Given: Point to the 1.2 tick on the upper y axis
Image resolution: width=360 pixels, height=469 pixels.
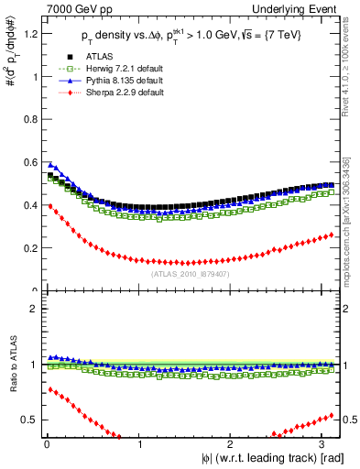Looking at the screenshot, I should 29,34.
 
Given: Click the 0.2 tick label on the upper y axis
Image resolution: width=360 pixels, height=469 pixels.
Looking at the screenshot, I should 29,248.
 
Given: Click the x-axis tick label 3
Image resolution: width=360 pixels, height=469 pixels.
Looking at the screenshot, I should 325,444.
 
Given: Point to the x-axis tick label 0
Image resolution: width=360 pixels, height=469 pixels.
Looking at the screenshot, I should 46,444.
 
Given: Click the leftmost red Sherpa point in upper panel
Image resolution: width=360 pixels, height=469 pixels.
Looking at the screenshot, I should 49,206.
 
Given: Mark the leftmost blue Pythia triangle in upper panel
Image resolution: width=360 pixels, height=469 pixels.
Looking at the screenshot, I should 49,165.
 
